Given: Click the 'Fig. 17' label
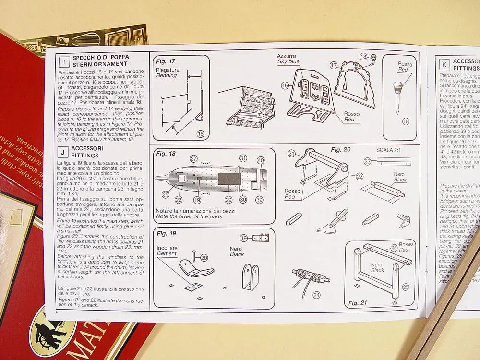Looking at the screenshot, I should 166,61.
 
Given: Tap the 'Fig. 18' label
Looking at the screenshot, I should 166,154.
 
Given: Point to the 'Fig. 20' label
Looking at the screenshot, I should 341,149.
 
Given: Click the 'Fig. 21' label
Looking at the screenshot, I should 357,303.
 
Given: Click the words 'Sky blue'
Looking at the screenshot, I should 288,62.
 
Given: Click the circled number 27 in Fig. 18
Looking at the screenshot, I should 194,159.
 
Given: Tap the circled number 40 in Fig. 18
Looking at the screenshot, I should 261,160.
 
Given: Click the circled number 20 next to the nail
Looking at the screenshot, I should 204,258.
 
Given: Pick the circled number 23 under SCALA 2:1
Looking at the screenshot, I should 368,162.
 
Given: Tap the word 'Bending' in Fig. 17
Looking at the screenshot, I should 167,75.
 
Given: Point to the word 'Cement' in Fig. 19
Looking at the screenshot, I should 167,253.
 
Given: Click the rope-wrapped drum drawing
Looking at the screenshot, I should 310,276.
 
